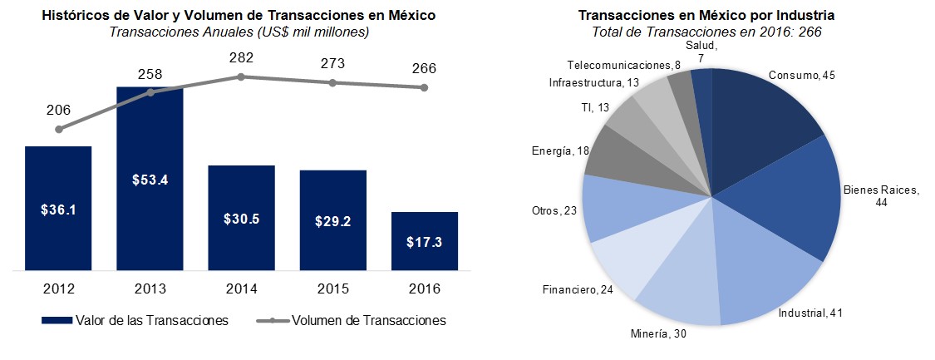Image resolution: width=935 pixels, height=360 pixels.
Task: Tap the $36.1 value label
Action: [x=58, y=210]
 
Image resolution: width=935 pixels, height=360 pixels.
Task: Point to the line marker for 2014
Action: [x=241, y=76]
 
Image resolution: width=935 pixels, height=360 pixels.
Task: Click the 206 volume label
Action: [x=58, y=110]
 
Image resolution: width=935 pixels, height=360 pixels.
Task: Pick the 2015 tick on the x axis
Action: [x=332, y=289]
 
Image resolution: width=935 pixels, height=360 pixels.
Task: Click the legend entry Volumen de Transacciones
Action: [x=357, y=320]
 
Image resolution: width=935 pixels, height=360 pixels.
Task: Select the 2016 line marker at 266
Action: [x=424, y=87]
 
